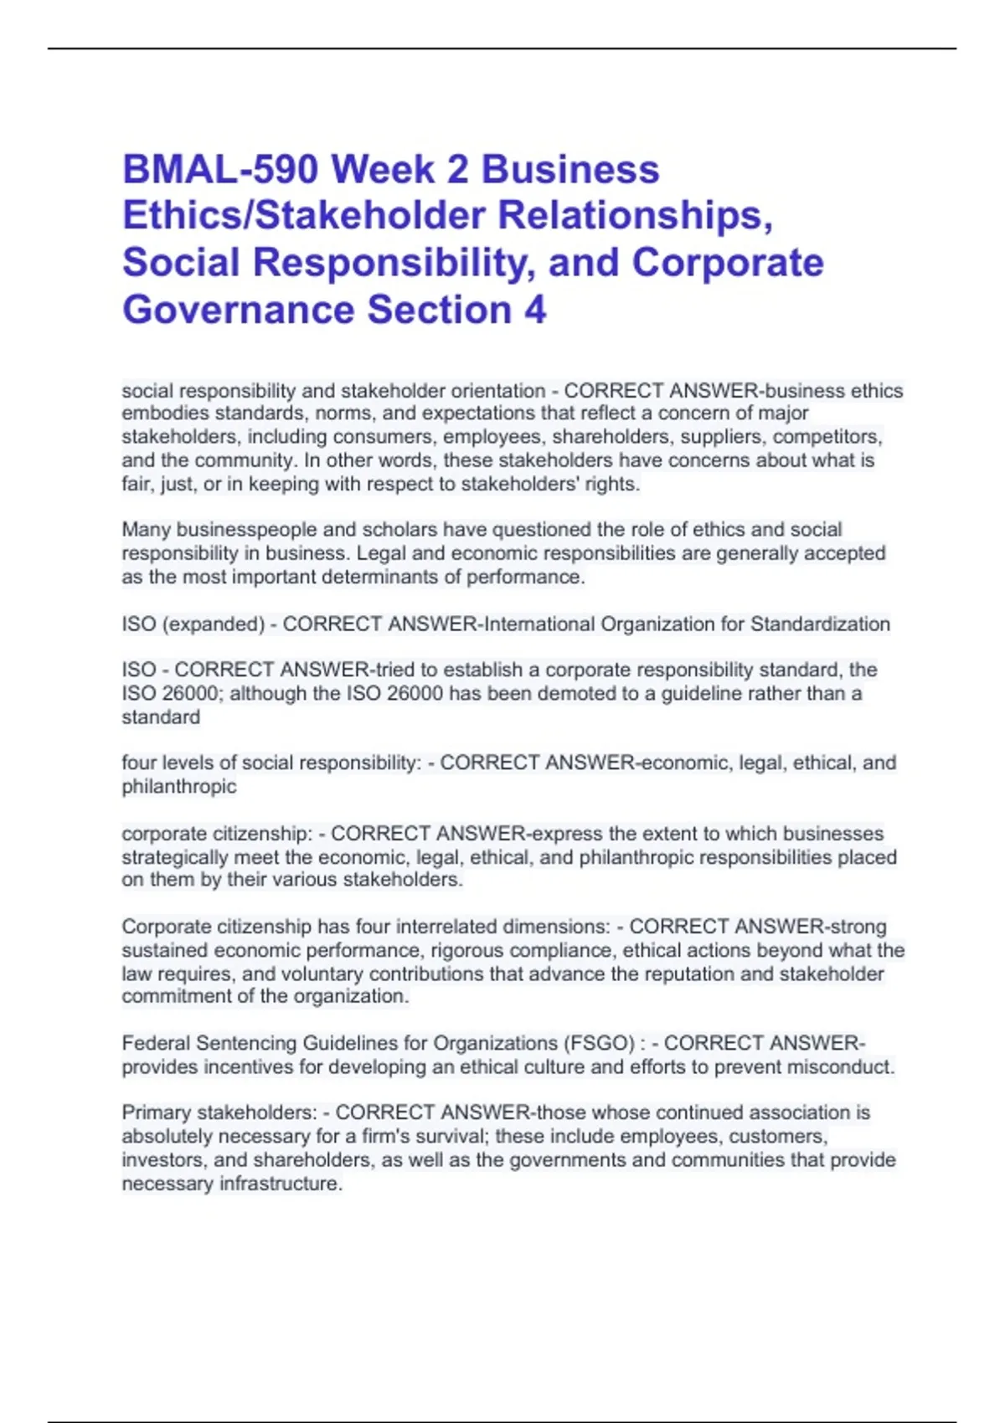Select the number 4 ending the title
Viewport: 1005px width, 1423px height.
pyautogui.click(x=535, y=310)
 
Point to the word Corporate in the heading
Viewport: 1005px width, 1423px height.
pyautogui.click(x=727, y=263)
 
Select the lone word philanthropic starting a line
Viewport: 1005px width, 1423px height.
pyautogui.click(x=178, y=787)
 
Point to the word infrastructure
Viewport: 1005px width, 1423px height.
pyautogui.click(x=280, y=1184)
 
